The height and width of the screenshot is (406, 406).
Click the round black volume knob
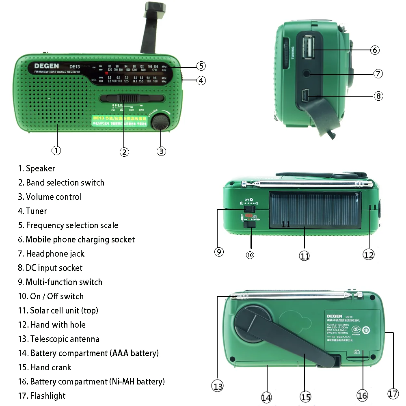[160, 122]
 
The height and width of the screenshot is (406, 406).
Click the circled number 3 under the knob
[161, 151]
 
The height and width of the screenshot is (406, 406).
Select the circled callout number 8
[378, 96]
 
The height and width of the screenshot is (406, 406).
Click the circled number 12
[368, 254]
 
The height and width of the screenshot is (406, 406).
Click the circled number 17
[393, 393]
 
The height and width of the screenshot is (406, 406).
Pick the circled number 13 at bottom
[218, 387]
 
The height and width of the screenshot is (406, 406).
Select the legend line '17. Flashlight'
[41, 396]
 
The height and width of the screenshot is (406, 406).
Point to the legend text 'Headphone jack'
[55, 254]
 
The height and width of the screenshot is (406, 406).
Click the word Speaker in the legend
[40, 168]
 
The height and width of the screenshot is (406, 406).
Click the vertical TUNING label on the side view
[293, 53]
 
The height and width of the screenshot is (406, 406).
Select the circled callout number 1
[56, 150]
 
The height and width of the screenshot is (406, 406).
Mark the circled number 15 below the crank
[305, 397]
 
